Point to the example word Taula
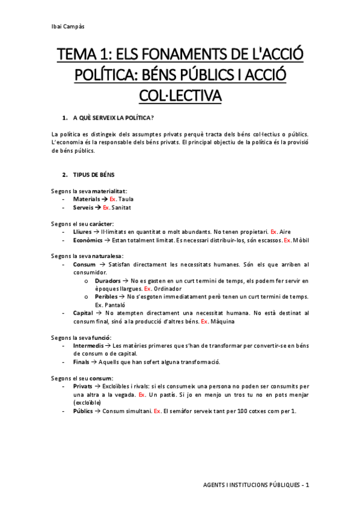point(127,198)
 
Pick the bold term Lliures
point(82,231)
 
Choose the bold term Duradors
point(108,281)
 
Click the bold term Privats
point(82,386)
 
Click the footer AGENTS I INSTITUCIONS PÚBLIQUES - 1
point(255,485)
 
